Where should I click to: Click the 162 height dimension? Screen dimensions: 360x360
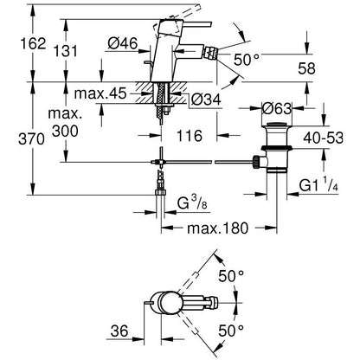(33, 44)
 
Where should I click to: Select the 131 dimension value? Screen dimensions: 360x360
(66, 51)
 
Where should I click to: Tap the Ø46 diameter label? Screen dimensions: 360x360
(123, 43)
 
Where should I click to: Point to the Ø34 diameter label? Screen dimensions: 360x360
(206, 100)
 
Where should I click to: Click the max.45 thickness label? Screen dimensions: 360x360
(100, 93)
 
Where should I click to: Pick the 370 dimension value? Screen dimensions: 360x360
(32, 139)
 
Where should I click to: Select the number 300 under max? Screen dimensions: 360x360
(65, 132)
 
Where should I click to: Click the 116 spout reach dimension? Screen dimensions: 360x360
(189, 136)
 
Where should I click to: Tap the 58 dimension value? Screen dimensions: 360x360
(306, 68)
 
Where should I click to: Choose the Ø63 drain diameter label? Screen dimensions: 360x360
(277, 108)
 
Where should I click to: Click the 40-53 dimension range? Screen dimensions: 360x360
(324, 138)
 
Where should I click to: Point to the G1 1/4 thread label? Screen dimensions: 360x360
(318, 184)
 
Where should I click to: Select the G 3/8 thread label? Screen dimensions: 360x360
(192, 203)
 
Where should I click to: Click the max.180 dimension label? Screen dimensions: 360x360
(217, 228)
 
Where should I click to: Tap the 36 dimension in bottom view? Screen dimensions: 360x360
(119, 331)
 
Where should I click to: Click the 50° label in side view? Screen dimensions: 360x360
(247, 60)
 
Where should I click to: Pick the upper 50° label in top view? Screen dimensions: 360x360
(231, 276)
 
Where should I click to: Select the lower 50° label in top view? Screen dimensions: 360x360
(231, 331)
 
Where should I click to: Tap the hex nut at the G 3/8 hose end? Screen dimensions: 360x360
(160, 192)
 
